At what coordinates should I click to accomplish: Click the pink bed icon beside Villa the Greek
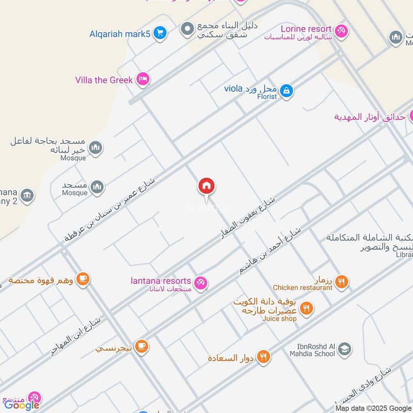tap(144, 80)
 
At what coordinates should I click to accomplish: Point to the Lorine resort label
tap(305, 29)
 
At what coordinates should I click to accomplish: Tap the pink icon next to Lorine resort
tap(341, 31)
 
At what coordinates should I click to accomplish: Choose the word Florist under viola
tap(267, 97)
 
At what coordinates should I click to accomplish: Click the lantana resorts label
tap(161, 281)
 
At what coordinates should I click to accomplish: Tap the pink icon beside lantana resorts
tap(201, 282)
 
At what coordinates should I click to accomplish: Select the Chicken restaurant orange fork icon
tap(341, 282)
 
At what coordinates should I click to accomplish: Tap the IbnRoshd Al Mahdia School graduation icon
tap(344, 350)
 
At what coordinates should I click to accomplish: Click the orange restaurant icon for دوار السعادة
tap(264, 357)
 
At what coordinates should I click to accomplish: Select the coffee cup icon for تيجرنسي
tap(141, 346)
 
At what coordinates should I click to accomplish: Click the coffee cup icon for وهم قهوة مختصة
tap(83, 279)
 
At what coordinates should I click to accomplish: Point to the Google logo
tap(22, 405)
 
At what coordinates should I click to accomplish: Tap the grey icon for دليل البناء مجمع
tap(187, 29)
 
